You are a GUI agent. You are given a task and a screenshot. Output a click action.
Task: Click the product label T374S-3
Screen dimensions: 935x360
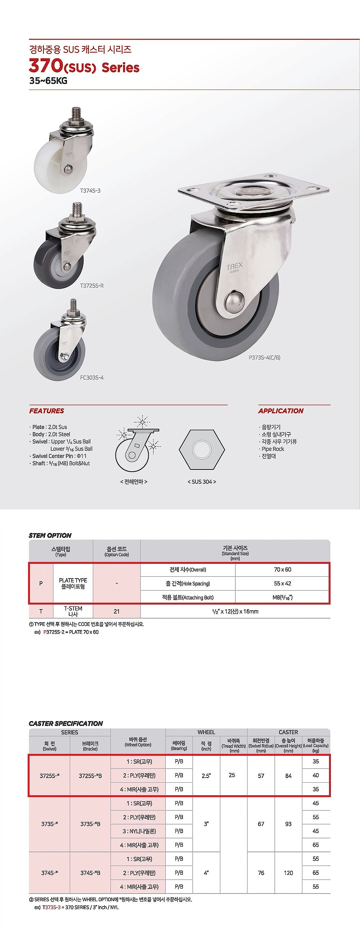pos(90,190)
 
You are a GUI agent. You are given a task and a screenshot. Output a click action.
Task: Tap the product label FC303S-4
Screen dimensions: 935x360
pos(92,377)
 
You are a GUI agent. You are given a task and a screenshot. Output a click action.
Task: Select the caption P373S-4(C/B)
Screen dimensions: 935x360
pos(264,357)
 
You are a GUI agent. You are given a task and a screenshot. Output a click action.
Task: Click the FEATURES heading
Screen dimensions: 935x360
pos(46,411)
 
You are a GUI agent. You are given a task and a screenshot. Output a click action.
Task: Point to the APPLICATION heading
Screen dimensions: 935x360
pos(280,411)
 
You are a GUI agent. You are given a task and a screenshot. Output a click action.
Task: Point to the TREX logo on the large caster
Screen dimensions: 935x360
pos(234,267)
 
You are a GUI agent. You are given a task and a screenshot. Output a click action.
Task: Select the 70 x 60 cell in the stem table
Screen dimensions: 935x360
pos(282,570)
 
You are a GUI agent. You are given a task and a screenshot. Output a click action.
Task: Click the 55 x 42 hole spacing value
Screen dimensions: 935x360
pos(282,583)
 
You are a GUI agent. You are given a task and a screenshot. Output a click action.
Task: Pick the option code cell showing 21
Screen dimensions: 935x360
pos(117,611)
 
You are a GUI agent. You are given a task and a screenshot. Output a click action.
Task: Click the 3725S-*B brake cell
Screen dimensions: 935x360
pos(90,776)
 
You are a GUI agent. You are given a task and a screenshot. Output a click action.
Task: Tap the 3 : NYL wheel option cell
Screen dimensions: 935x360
pos(138,831)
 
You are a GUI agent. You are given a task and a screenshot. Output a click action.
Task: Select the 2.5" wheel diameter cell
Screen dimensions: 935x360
pos(206,775)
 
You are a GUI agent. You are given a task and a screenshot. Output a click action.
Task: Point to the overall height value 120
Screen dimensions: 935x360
pos(288,873)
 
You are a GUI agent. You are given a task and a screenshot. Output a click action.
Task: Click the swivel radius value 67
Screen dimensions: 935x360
pos(261,824)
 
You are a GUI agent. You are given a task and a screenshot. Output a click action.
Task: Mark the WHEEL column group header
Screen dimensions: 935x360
pos(206,732)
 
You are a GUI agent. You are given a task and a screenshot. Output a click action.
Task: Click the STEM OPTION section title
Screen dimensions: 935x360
pos(50,535)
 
